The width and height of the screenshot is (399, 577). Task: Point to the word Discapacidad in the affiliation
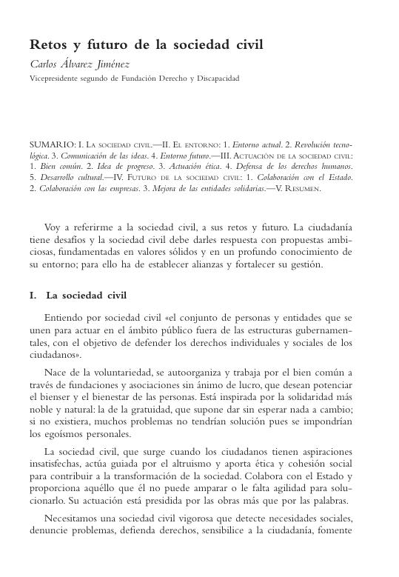point(218,77)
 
